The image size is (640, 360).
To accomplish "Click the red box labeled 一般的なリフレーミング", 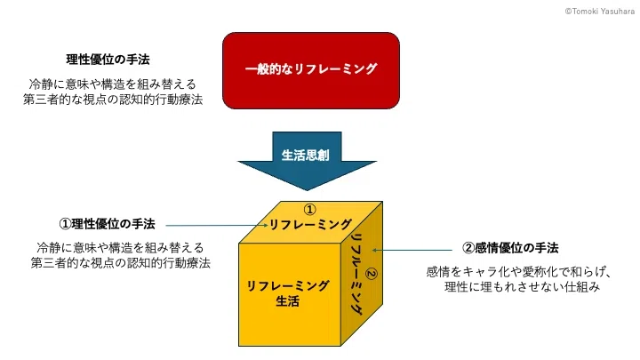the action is pos(311,70).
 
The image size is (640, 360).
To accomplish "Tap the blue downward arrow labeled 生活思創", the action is pos(307,160).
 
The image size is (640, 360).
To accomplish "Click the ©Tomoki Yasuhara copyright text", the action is pos(600,12).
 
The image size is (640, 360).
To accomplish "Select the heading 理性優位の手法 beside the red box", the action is pos(108,60).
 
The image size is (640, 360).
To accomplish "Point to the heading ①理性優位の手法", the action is pos(107,224).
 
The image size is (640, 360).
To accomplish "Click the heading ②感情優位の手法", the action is pos(510,248).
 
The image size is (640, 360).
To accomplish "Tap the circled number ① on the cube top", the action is pos(310,210).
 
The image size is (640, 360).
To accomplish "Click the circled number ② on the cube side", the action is pos(371,274).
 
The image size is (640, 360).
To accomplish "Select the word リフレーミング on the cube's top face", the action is pos(310,224).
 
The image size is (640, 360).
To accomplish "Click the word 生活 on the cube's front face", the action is pos(288,301).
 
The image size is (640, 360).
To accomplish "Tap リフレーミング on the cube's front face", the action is pos(288,285).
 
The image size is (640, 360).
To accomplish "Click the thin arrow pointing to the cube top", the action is pos(217,225).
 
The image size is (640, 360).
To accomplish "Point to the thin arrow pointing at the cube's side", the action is pos(412,250).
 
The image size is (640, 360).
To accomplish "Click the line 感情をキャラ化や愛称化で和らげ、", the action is pos(518,271).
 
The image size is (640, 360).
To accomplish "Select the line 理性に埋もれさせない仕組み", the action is pos(522,286).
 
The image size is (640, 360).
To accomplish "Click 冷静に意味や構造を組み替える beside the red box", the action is pos(112,84).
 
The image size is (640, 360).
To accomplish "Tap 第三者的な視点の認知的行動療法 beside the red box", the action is pos(113,100).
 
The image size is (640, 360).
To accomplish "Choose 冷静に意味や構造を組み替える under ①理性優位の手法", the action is pos(120,247).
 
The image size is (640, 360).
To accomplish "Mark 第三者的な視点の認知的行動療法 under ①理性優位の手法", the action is pos(120,262).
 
